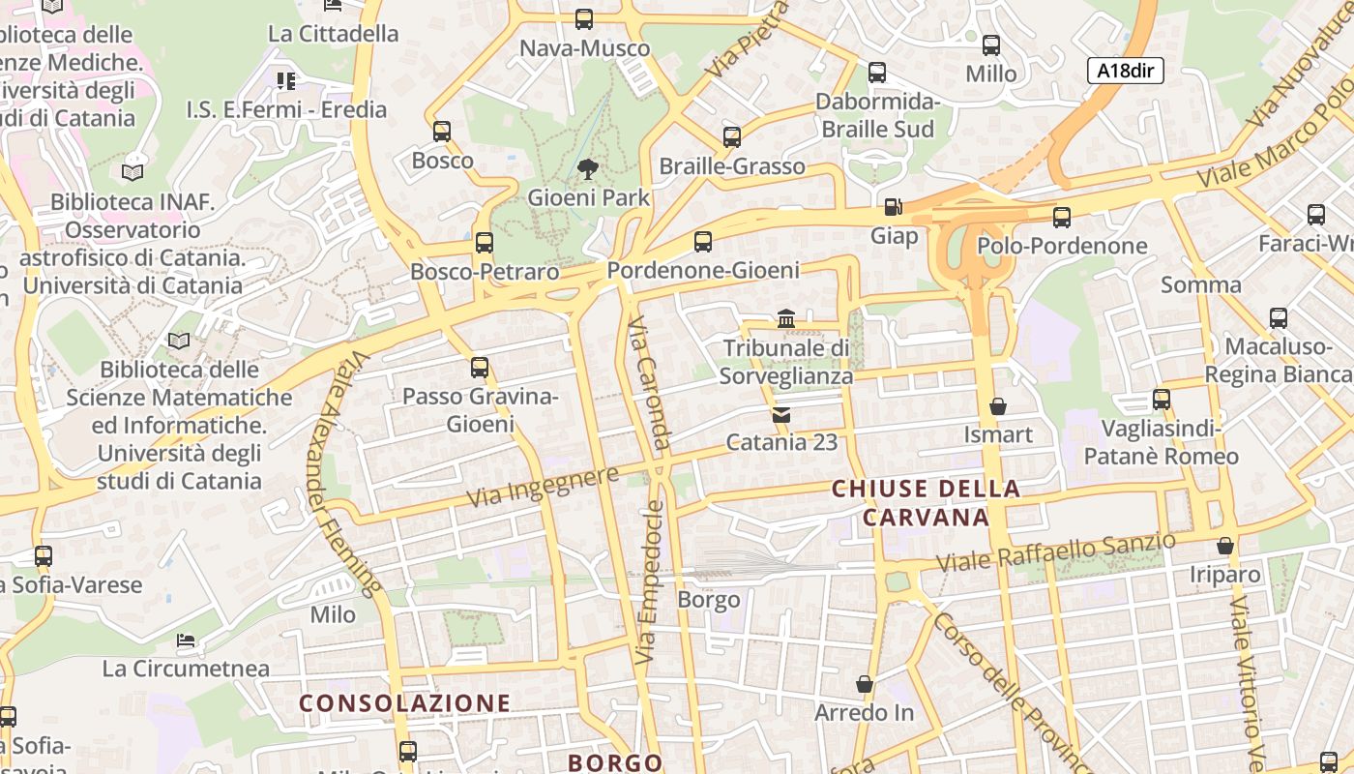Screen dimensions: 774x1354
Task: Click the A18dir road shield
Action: pyautogui.click(x=1125, y=70)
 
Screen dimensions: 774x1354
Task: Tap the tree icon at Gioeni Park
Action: pyautogui.click(x=587, y=170)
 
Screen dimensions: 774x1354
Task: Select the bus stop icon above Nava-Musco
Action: pyautogui.click(x=583, y=18)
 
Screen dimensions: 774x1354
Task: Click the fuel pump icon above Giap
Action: pyautogui.click(x=893, y=207)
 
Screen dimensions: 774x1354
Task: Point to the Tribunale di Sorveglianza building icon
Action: pyautogui.click(x=785, y=318)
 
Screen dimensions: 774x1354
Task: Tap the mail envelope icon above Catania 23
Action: pyautogui.click(x=780, y=415)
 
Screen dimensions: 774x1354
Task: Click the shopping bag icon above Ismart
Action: pyautogui.click(x=997, y=406)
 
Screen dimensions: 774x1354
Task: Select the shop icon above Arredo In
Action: pyautogui.click(x=864, y=684)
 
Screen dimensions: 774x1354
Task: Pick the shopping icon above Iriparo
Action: pyautogui.click(x=1224, y=546)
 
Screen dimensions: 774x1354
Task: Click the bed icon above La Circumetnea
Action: pyautogui.click(x=186, y=640)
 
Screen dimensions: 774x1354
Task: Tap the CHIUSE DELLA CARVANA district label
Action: pyautogui.click(x=926, y=503)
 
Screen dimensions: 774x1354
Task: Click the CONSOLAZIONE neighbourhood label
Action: pyautogui.click(x=404, y=703)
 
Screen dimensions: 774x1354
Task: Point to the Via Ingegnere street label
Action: pyautogui.click(x=543, y=487)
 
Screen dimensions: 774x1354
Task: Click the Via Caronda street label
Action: pyautogui.click(x=649, y=383)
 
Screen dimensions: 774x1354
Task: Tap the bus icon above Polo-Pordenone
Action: pyautogui.click(x=1061, y=218)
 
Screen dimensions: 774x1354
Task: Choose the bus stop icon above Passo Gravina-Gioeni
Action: pyautogui.click(x=479, y=368)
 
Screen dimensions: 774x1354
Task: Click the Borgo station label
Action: pyautogui.click(x=708, y=600)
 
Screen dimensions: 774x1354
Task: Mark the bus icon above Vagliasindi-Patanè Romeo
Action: pyautogui.click(x=1161, y=399)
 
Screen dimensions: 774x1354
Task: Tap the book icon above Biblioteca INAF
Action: pyautogui.click(x=132, y=172)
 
